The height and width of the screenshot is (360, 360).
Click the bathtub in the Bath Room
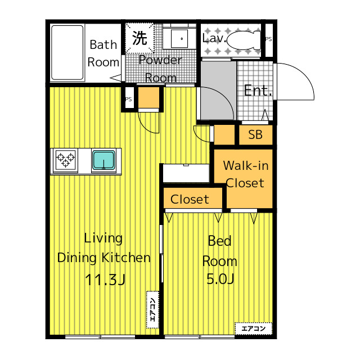point(67,52)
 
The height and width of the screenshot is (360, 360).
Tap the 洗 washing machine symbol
point(139,38)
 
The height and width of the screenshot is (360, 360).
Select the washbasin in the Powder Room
point(179,38)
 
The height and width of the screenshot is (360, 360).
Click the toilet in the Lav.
point(244,40)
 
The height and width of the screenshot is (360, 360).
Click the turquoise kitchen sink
point(103,160)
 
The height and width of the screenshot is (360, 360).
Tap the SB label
point(255,134)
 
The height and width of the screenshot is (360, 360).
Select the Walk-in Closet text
point(246,174)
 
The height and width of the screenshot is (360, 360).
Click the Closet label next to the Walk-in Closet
point(190,199)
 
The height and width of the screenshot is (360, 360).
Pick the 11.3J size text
point(105,280)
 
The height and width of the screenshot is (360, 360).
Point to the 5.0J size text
point(220,279)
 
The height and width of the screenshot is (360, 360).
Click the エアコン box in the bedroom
point(254,328)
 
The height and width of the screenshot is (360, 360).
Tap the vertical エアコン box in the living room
point(152,309)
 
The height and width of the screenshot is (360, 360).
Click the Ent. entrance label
point(258,91)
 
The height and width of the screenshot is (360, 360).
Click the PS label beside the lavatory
point(269,39)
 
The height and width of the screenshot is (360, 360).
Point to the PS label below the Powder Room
point(129,99)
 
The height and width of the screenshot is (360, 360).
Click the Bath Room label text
point(103,53)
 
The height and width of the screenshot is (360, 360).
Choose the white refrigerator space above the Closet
point(186,173)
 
